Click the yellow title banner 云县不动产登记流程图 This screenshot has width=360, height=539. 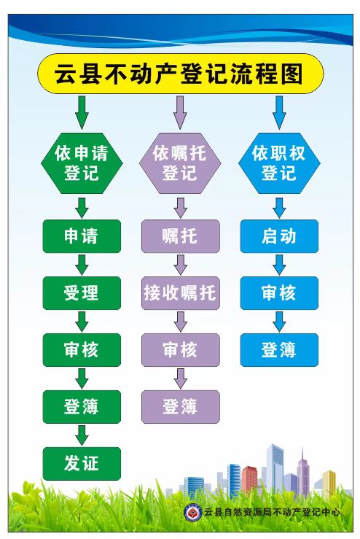[x=180, y=74]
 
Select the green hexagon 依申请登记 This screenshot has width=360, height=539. [x=82, y=163]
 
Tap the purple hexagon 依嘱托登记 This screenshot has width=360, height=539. [x=180, y=163]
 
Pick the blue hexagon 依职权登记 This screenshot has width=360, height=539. [x=279, y=163]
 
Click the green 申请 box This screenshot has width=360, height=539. [x=82, y=236]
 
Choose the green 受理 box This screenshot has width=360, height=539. [x=82, y=293]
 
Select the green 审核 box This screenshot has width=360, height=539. [x=82, y=350]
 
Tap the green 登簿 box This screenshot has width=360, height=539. [x=82, y=407]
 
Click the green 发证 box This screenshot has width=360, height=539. [x=82, y=464]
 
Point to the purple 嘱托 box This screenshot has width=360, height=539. [x=180, y=236]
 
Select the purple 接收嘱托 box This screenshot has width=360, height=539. [x=180, y=293]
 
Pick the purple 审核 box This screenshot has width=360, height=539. [x=180, y=350]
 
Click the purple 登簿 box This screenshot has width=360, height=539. [x=180, y=407]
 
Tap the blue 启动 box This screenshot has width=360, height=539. [x=279, y=236]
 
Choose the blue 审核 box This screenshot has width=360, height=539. [x=279, y=293]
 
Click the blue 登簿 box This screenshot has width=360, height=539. [x=279, y=350]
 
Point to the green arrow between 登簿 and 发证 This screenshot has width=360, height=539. [x=82, y=435]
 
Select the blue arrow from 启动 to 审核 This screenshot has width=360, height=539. [x=279, y=265]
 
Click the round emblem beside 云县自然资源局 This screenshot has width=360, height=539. [x=192, y=513]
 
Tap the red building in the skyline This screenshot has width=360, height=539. [x=249, y=479]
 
